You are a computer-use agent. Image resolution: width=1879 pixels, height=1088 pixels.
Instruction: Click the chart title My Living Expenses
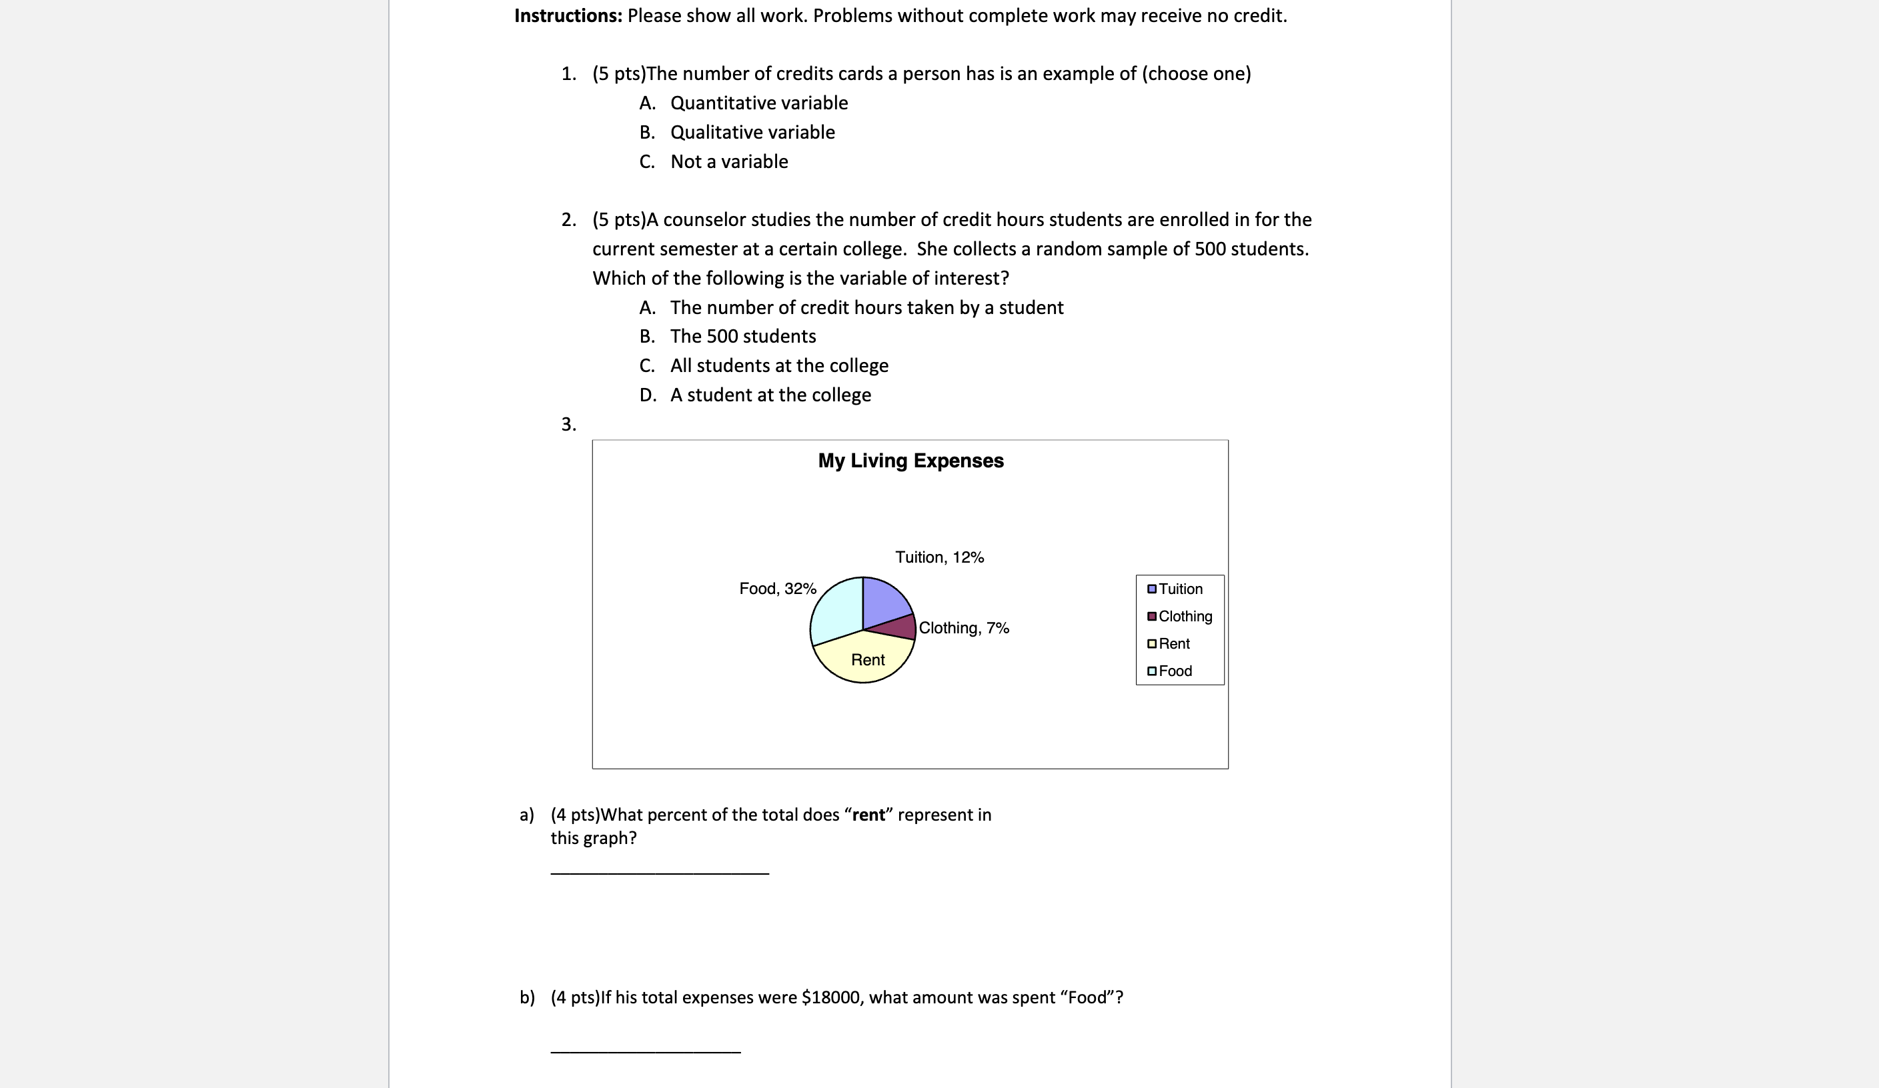tap(910, 461)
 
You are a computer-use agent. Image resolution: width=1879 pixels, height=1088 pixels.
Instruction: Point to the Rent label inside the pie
tap(867, 659)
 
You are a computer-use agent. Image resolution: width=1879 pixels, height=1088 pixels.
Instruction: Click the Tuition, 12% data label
tap(938, 557)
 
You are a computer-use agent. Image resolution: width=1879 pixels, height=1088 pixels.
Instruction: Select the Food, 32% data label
tap(778, 589)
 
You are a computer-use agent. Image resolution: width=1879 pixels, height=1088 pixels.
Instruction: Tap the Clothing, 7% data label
tap(963, 628)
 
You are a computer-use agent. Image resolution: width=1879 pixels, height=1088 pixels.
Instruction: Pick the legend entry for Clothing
tap(1184, 616)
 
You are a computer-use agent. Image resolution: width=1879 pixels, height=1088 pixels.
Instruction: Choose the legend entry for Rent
tap(1174, 644)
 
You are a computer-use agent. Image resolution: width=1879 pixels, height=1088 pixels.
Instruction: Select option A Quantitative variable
tap(758, 103)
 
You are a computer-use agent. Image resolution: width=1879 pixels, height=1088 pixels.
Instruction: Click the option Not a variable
tap(728, 162)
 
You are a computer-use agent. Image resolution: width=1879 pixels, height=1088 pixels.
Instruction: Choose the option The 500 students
tap(742, 336)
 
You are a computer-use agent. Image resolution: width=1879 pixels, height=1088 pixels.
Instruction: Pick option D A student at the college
tap(770, 395)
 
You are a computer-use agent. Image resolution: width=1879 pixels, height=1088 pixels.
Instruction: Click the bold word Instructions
tap(568, 15)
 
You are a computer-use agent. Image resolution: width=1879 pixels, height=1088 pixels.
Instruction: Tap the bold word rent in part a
tap(868, 815)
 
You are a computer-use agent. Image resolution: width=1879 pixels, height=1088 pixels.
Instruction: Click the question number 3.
tap(568, 424)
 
